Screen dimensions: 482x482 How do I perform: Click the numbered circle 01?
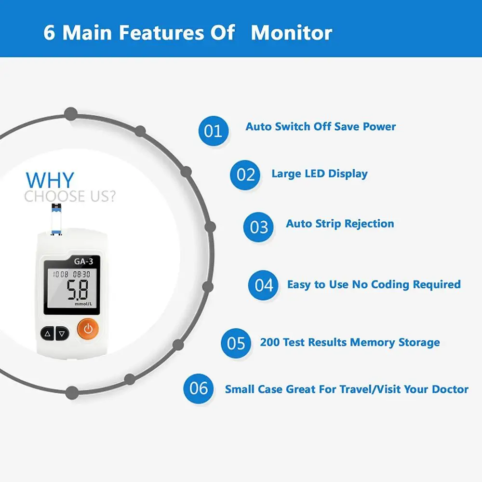(x=213, y=131)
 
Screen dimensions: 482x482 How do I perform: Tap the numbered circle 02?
(x=245, y=174)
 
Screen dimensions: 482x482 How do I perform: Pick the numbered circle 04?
(x=264, y=285)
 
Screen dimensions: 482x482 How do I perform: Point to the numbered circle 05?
(x=236, y=343)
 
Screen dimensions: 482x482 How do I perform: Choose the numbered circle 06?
(x=199, y=388)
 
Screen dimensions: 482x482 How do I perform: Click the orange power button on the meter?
(x=88, y=330)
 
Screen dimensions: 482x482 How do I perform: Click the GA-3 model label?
(x=83, y=262)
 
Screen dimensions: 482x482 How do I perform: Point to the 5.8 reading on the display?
(x=77, y=290)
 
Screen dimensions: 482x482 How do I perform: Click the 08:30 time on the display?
(x=81, y=274)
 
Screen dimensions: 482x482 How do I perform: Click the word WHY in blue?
(x=50, y=180)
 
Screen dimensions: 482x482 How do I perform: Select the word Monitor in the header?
(x=292, y=33)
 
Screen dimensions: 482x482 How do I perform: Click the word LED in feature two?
(x=318, y=174)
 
